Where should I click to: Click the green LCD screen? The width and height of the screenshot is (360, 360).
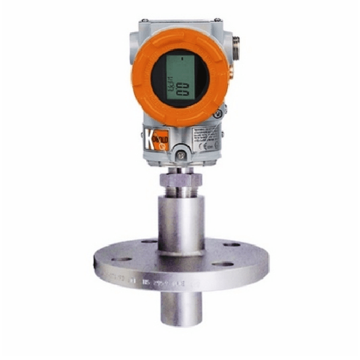[179, 77]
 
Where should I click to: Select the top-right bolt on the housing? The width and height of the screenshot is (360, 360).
[217, 22]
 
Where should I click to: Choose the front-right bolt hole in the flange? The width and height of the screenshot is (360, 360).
[224, 264]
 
